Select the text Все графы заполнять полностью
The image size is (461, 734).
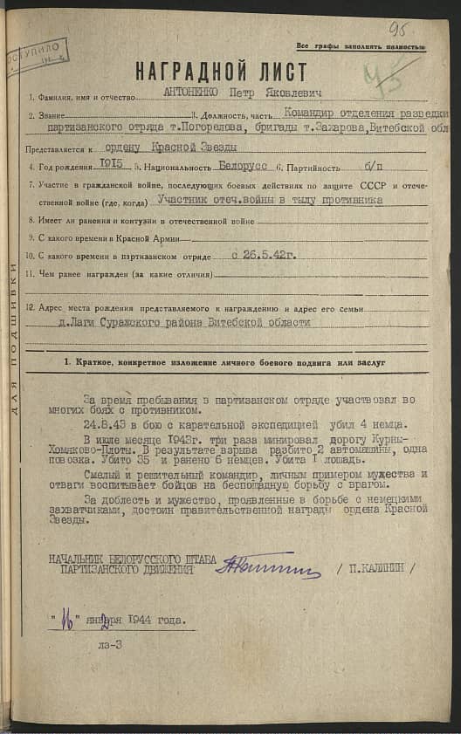tap(360, 45)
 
